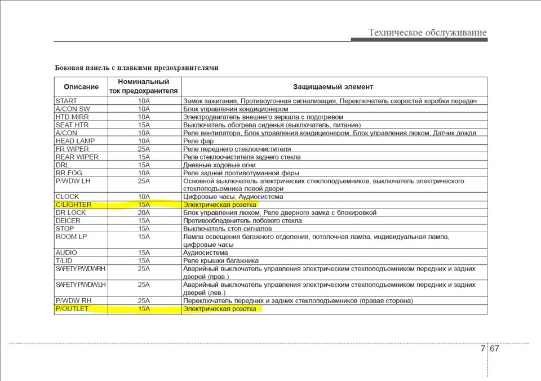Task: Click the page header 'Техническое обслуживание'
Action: coord(427,33)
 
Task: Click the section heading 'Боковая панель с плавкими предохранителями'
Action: coord(136,68)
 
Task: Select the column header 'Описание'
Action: coord(81,87)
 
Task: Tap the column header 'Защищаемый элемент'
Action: coord(333,87)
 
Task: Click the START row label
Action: coord(66,101)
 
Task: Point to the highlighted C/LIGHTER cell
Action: coord(73,205)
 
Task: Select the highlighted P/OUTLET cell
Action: coord(72,309)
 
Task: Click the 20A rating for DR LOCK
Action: coord(144,213)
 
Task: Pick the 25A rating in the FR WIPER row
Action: coord(144,149)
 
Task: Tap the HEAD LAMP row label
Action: coord(75,141)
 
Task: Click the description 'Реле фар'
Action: coord(198,141)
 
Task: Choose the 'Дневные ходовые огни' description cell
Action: coord(220,165)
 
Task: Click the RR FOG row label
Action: coord(69,173)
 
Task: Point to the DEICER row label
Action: coord(68,221)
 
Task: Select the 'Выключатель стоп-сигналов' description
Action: coord(228,229)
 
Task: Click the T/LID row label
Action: coord(64,261)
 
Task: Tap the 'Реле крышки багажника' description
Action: coord(221,261)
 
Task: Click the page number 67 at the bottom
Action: coord(494,348)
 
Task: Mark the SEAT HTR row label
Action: coord(72,125)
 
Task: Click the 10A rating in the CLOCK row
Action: coord(144,197)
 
